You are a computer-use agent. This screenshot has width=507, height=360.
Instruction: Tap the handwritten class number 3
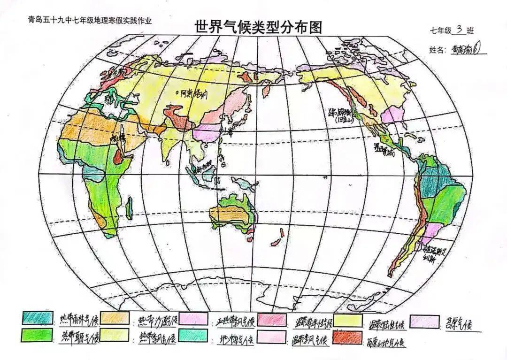coord(459,30)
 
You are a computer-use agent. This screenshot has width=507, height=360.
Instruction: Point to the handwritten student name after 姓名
coord(467,48)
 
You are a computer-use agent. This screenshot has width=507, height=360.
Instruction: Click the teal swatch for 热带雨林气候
coord(36,318)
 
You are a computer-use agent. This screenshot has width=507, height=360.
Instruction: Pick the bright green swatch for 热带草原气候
coord(36,335)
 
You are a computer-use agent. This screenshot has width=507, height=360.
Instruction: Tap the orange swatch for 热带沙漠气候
coord(115,318)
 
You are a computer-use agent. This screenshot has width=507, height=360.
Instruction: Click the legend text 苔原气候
coord(457,323)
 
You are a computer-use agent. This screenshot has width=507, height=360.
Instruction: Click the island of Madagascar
coord(130,208)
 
